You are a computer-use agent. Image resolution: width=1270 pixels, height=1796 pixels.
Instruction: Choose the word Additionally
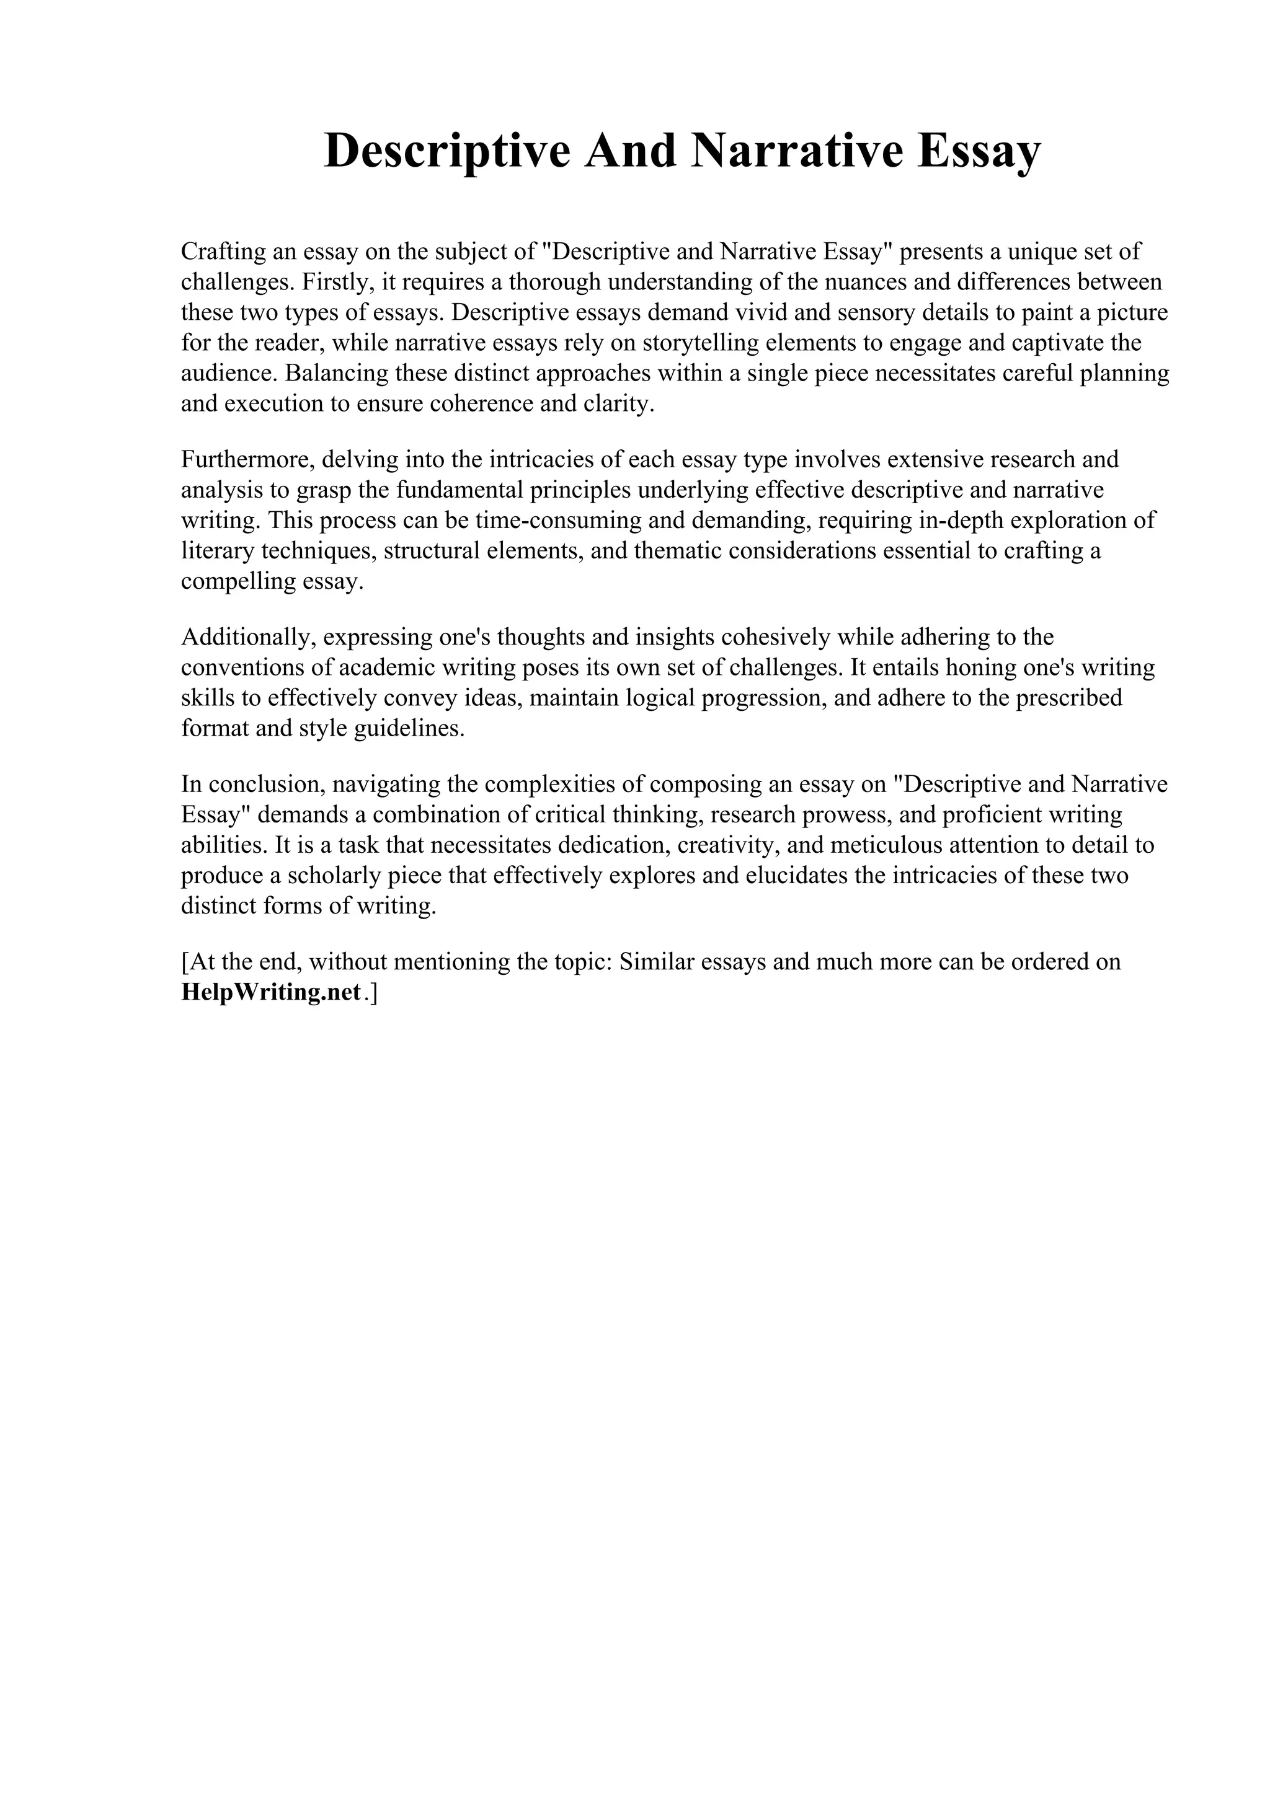(247, 636)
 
